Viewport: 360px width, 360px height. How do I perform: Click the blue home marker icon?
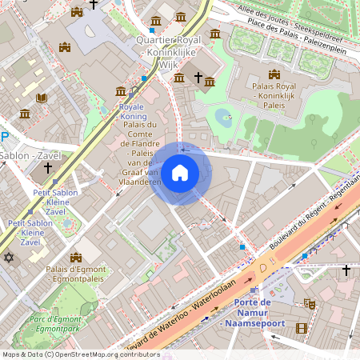180,173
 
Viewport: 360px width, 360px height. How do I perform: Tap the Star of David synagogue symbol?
10,258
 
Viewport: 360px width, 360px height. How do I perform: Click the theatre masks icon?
310,304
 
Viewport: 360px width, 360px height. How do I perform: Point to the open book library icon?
42,98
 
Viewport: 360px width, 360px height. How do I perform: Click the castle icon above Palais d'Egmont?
76,257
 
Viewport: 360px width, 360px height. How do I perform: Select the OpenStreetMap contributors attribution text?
80,354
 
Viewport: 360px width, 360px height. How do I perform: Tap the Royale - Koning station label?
132,111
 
